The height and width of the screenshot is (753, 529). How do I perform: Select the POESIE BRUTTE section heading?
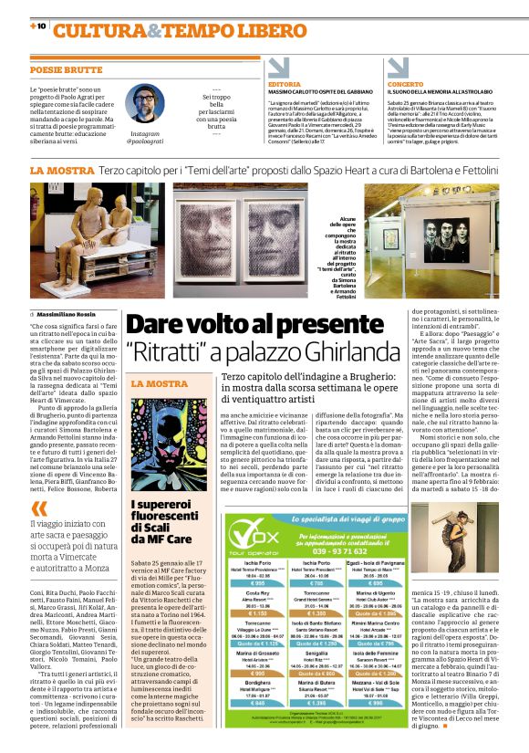pos(65,69)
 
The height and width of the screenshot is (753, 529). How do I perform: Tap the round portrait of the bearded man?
pos(141,103)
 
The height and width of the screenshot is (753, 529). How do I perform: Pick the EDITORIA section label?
pos(284,84)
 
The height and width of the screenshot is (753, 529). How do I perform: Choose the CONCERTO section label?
pos(405,84)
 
